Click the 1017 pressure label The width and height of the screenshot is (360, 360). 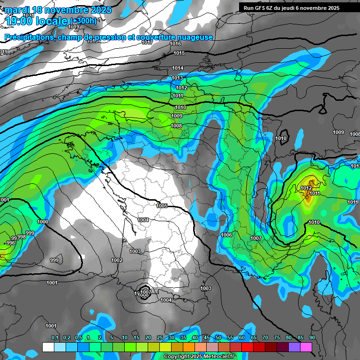[x=147, y=43]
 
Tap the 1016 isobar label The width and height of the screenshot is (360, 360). [x=175, y=44]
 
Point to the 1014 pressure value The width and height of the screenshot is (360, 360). [x=177, y=68]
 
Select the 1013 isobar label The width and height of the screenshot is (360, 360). [x=177, y=78]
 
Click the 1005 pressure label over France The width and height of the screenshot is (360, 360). [x=162, y=206]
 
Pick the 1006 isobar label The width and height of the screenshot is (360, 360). [x=226, y=235]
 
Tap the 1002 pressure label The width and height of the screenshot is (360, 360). [x=117, y=260]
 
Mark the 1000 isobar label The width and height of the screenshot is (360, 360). [x=42, y=222]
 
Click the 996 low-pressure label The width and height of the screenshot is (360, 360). [x=11, y=243]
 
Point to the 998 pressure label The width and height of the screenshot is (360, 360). [x=21, y=237]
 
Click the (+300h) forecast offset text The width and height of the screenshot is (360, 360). [x=84, y=21]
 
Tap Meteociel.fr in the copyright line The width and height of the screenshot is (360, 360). [x=216, y=357]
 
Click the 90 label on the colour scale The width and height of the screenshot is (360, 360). [x=312, y=337]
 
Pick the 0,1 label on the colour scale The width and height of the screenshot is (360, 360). [x=55, y=337]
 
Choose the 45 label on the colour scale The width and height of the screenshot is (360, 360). [x=207, y=337]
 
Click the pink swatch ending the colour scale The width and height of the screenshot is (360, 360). [x=306, y=347]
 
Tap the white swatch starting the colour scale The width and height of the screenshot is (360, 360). [x=48, y=347]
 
